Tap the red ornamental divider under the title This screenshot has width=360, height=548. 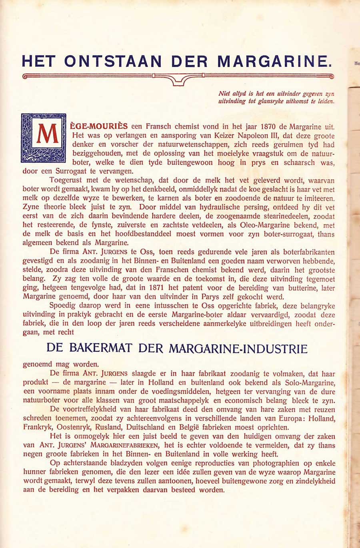(178, 77)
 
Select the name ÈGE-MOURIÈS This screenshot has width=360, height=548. (100, 127)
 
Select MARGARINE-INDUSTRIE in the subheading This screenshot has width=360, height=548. (238, 348)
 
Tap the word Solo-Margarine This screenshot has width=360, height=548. (308, 383)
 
